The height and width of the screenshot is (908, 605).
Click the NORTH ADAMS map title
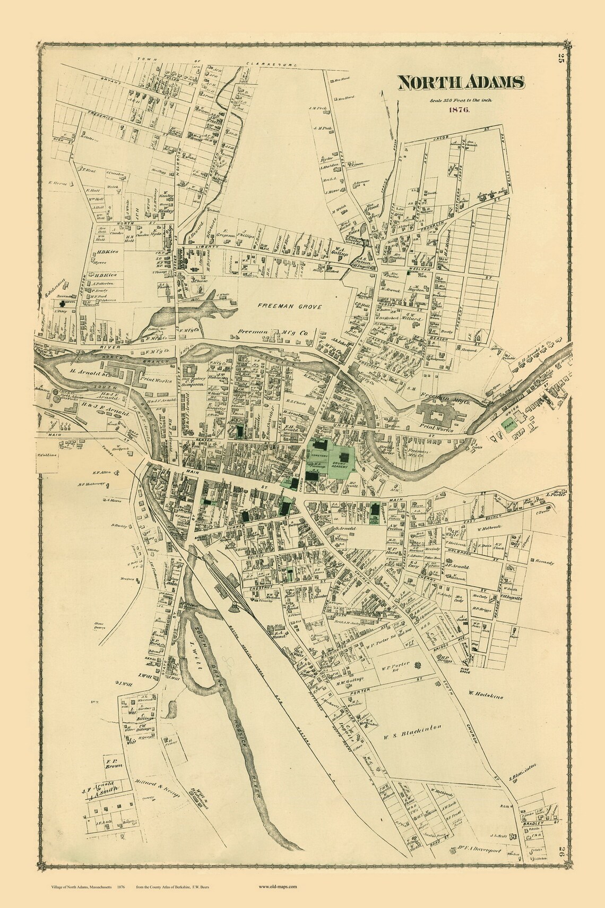click(x=461, y=82)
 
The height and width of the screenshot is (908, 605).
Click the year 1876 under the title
click(x=456, y=109)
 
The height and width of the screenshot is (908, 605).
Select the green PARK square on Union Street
click(x=508, y=424)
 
